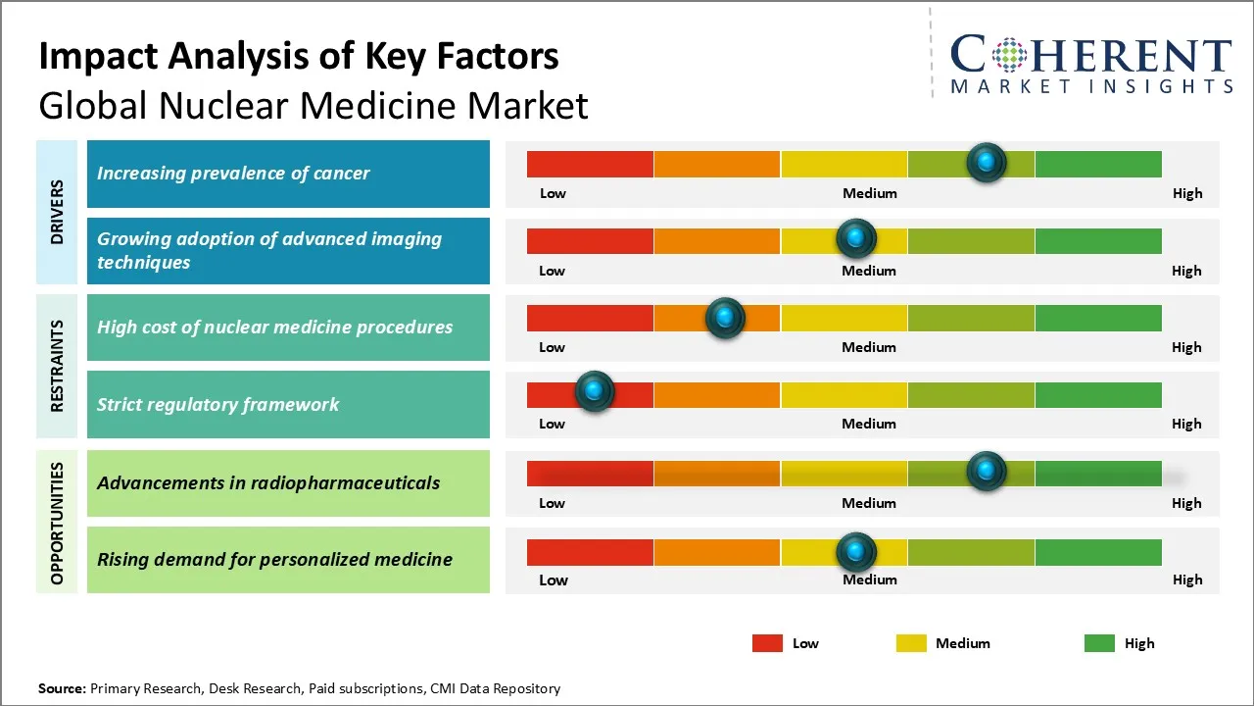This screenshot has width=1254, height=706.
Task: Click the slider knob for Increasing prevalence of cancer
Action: click(987, 162)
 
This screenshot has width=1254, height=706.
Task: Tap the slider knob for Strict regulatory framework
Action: click(594, 391)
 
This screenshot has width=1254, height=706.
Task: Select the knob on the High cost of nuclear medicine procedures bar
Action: click(725, 317)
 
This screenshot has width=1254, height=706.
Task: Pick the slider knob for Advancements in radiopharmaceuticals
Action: click(987, 471)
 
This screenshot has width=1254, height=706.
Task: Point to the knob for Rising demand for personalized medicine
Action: click(856, 551)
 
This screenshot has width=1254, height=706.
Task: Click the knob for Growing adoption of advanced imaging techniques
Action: click(856, 238)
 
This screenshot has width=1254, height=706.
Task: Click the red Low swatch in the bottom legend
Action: click(767, 643)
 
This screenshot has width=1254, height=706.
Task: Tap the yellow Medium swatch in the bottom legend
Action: click(911, 643)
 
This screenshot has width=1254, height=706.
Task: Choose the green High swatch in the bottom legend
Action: click(1099, 643)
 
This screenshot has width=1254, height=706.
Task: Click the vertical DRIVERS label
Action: click(57, 212)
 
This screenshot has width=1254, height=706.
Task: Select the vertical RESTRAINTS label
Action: click(57, 366)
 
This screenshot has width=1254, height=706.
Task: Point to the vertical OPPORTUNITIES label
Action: click(57, 524)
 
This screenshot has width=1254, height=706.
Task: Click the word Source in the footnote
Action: click(62, 688)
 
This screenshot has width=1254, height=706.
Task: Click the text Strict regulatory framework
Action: click(217, 404)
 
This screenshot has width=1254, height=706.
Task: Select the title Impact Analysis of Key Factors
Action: click(299, 57)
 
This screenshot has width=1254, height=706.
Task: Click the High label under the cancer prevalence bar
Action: click(1187, 193)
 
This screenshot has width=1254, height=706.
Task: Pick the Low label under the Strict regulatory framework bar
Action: click(552, 424)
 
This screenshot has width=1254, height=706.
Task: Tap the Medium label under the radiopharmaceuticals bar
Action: click(869, 503)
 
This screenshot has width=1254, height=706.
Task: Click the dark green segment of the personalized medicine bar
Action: click(1098, 552)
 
